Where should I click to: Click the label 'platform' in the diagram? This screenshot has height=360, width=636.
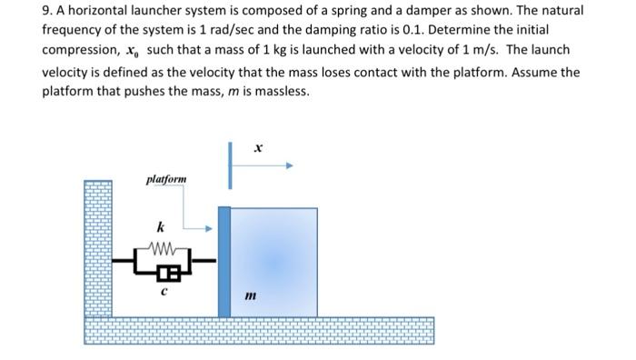[166, 179]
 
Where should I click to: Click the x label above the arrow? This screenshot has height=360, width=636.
[258, 146]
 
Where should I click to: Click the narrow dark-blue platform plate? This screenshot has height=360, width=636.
[224, 262]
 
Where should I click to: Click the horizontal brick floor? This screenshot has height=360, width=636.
[259, 329]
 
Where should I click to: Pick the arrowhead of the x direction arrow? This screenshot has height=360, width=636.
[288, 166]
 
